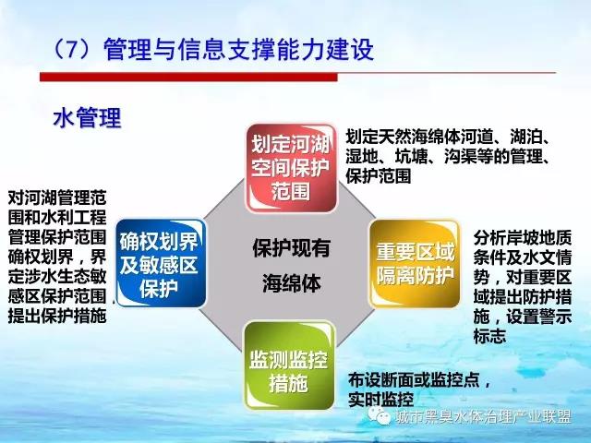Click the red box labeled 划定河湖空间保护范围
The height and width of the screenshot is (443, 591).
coord(291,168)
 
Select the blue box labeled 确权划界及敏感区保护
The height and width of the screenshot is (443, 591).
coord(161,263)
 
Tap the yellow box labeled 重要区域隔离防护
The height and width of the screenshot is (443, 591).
coord(415,263)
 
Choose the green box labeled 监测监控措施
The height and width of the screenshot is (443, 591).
coord(289,365)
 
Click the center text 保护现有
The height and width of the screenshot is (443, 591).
coord(292,248)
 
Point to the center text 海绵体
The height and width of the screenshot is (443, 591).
coord(292,283)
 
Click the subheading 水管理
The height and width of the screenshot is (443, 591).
coord(87,117)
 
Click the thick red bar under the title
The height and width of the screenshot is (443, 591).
coord(188,77)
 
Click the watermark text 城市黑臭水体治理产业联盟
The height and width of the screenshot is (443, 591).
coord(484,417)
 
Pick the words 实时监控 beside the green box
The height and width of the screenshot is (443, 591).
coord(380,400)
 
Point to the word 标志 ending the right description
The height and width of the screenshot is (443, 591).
coord(489,336)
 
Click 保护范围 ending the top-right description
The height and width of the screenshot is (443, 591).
coord(378,176)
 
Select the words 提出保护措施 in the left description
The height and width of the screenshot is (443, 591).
coord(57,316)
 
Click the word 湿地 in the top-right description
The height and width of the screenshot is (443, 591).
coord(362,156)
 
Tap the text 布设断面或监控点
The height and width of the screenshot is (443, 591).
coord(414,379)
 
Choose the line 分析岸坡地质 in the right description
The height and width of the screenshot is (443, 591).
coord(523,237)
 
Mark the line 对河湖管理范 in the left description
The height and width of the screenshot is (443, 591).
coord(57,198)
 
